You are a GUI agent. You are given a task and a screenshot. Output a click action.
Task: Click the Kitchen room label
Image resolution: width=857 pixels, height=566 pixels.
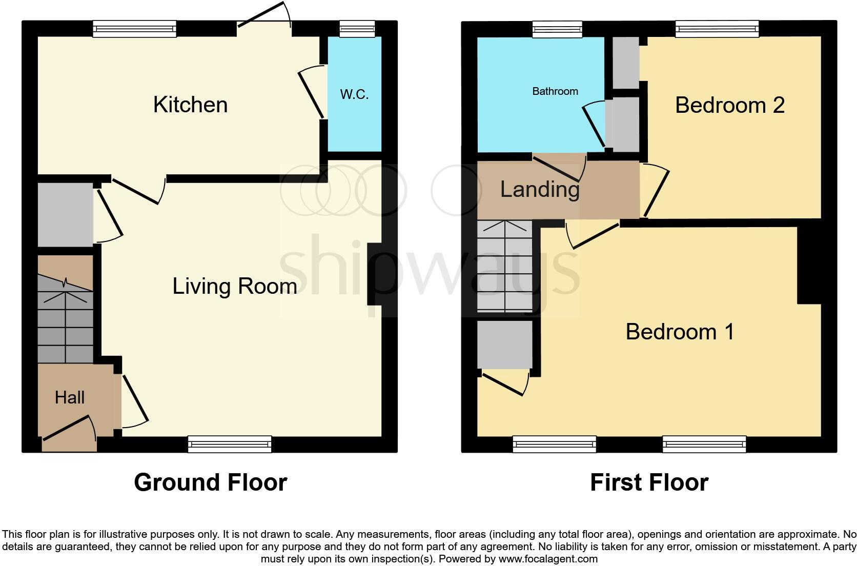point(190,105)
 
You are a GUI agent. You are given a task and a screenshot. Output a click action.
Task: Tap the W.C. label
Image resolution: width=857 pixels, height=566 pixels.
point(354,94)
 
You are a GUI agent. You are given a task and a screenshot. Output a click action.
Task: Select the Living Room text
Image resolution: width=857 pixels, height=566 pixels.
point(235,286)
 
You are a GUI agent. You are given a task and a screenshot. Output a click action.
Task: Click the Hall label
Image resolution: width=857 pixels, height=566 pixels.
point(70,397)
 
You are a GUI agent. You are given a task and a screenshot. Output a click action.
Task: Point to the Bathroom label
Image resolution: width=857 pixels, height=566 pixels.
point(555,91)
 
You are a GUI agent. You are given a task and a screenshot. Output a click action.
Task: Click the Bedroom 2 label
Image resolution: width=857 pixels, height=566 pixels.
point(730,105)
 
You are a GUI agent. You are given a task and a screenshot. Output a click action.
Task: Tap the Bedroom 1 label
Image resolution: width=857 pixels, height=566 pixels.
point(680,332)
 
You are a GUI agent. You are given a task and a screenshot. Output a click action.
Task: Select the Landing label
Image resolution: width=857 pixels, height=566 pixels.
point(540,189)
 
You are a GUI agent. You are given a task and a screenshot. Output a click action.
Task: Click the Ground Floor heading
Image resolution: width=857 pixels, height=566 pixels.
point(210,482)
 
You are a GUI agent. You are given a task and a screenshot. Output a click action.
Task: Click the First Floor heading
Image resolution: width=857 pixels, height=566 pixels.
point(649,482)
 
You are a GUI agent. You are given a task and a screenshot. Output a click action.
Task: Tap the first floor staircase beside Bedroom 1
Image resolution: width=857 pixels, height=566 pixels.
point(505,267)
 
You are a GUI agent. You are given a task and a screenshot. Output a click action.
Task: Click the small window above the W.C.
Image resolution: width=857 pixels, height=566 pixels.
point(357,30)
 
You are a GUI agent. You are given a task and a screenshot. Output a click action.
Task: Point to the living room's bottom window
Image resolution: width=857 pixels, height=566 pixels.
point(230,444)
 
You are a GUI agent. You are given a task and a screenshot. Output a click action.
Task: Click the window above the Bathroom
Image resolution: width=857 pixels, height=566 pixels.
point(557,30)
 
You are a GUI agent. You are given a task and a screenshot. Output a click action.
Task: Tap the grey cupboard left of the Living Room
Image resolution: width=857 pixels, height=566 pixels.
point(65,214)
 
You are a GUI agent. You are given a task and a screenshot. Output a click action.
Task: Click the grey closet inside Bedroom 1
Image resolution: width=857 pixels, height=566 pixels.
point(504,345)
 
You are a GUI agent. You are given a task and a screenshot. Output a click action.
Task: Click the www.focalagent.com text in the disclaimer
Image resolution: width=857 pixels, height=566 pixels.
point(548,559)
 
